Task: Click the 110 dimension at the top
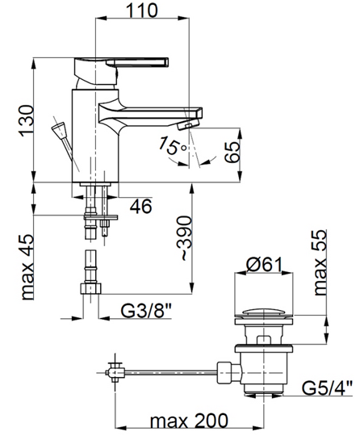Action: pyautogui.click(x=141, y=10)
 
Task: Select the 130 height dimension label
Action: pyautogui.click(x=27, y=121)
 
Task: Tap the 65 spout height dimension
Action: pyautogui.click(x=232, y=152)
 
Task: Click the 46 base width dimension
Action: pyautogui.click(x=141, y=206)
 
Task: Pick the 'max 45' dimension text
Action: pyautogui.click(x=28, y=267)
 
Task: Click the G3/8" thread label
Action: pyautogui.click(x=146, y=310)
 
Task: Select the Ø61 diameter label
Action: pyautogui.click(x=264, y=265)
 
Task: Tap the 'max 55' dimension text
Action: pyautogui.click(x=320, y=262)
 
